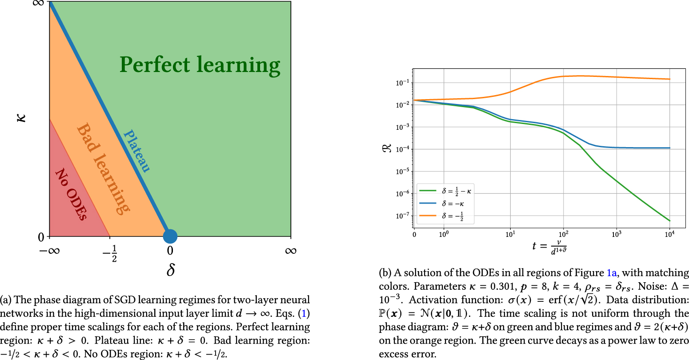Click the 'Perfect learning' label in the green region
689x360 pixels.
(x=200, y=65)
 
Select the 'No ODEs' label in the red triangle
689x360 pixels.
(x=71, y=194)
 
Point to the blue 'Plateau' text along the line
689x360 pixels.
(x=136, y=151)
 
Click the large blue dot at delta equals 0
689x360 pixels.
(x=170, y=236)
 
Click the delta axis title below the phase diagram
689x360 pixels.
(x=171, y=269)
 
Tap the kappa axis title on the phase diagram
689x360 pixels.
(x=21, y=118)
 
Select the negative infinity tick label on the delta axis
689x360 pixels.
(x=50, y=251)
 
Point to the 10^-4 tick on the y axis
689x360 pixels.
(x=402, y=149)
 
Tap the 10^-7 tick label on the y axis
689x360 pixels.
(x=402, y=216)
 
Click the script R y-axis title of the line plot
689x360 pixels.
(x=386, y=148)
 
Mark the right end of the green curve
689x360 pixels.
(x=669, y=221)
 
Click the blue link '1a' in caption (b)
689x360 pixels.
(x=612, y=273)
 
